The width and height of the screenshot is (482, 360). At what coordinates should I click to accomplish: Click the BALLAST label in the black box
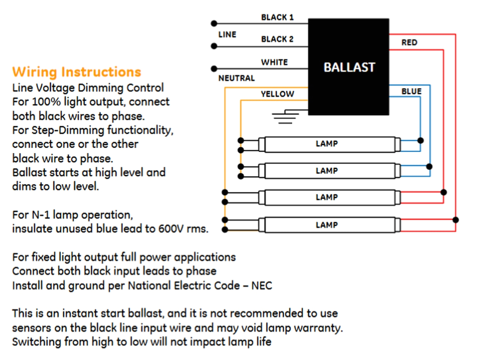pos(349,67)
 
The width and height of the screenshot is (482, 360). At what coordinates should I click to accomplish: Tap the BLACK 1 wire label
pos(277,17)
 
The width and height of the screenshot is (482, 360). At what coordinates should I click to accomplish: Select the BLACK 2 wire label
pos(277,39)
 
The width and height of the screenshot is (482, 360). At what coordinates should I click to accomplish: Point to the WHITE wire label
pos(274,62)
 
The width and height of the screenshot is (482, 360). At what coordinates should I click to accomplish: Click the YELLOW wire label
pos(277,94)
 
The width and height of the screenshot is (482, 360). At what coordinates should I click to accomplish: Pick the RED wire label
pos(409,43)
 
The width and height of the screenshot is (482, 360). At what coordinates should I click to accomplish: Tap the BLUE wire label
pos(411,91)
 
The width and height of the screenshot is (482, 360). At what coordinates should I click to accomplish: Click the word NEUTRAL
pos(236,78)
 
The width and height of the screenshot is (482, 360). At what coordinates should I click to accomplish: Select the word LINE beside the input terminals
pos(227,35)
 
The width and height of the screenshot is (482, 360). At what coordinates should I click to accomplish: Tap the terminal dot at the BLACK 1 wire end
pos(214,23)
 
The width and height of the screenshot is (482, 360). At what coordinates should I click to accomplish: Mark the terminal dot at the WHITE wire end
pos(214,68)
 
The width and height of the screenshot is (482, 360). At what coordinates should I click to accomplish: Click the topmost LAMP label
pos(326,144)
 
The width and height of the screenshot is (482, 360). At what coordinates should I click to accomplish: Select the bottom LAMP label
pos(326,225)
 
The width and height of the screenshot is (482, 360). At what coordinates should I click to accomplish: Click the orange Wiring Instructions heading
pos(76,71)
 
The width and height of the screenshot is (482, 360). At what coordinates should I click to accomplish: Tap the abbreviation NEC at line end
pos(261,286)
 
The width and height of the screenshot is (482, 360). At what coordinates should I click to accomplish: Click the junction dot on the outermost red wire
pos(456,220)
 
